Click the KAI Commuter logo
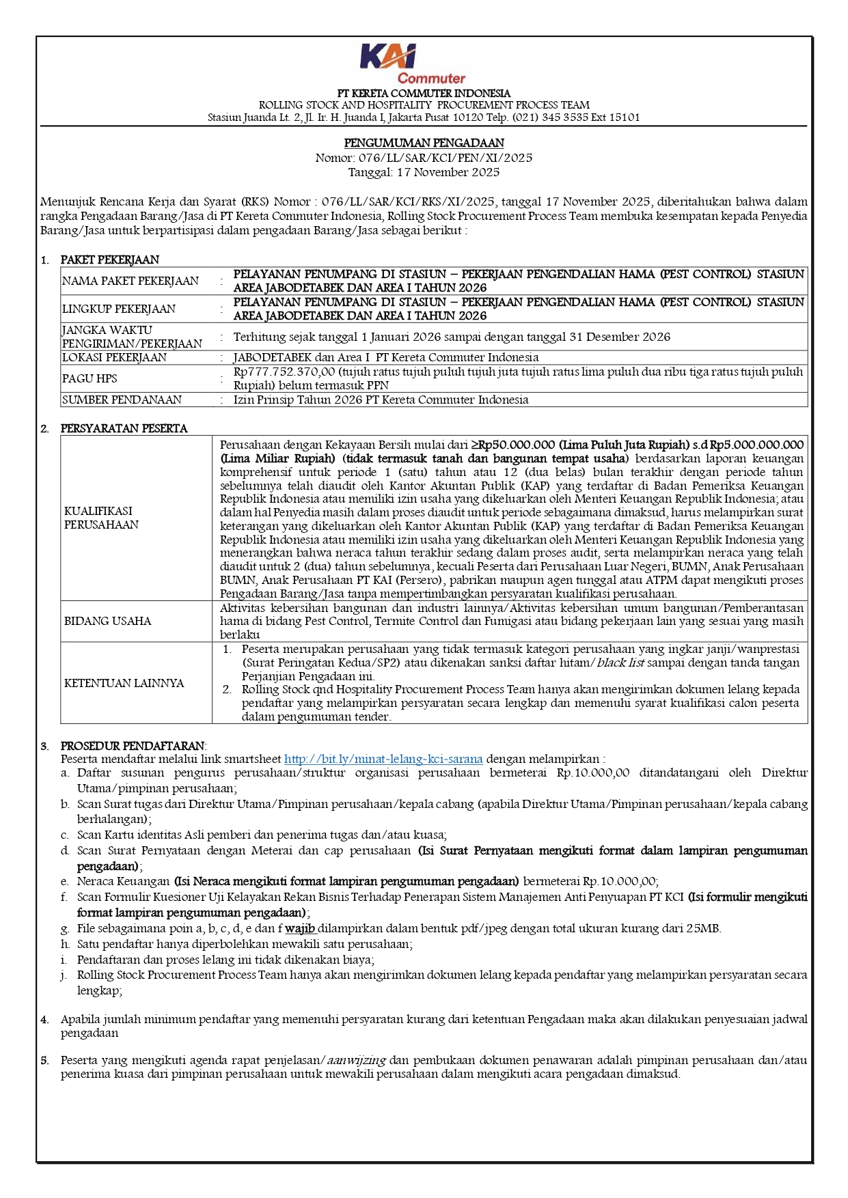(x=413, y=64)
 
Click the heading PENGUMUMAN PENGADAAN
(x=424, y=143)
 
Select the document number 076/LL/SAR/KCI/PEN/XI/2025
(x=446, y=158)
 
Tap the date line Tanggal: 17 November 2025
(x=424, y=172)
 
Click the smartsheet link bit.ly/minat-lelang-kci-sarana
(x=383, y=759)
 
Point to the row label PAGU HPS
(x=90, y=378)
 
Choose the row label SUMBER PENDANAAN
(x=122, y=400)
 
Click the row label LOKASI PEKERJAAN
(x=114, y=357)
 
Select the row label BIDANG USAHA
(x=107, y=621)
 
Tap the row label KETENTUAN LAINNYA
(x=124, y=683)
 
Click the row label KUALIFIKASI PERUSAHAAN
(x=101, y=518)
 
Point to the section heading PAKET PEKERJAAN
(x=109, y=260)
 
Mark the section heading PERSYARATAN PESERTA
(x=124, y=428)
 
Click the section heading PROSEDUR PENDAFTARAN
(x=133, y=746)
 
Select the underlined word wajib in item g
(x=300, y=928)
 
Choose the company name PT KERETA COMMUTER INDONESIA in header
(x=424, y=93)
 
